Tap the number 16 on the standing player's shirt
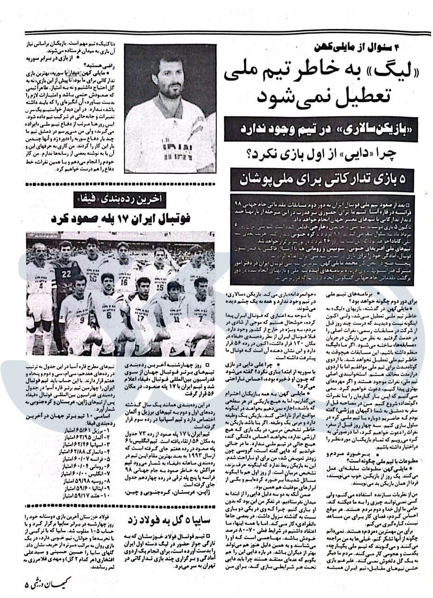124,282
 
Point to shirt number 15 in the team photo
160,282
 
